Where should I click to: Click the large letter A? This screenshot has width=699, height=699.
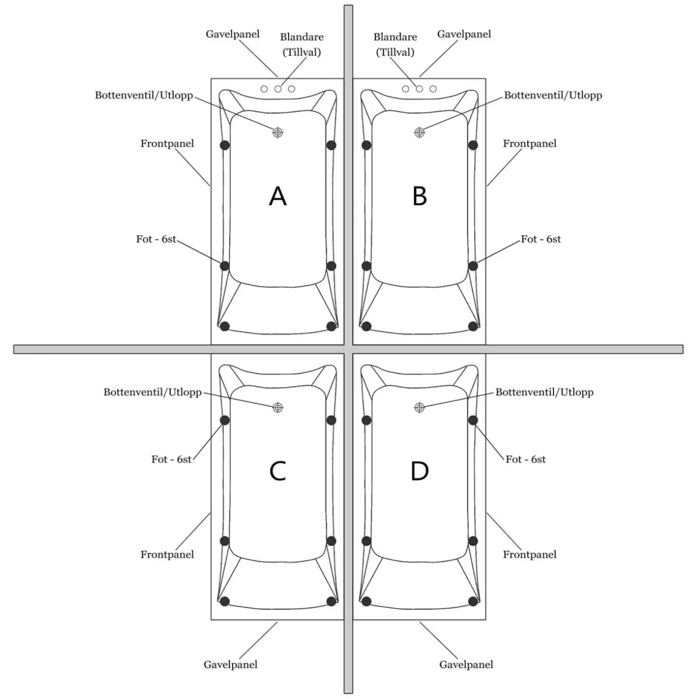(x=277, y=196)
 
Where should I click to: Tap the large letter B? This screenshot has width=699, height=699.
(x=420, y=196)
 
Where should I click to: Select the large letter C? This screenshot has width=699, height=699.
(x=277, y=471)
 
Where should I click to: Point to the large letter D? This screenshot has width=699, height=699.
(x=420, y=471)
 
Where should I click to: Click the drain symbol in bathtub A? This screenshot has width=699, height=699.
(x=277, y=132)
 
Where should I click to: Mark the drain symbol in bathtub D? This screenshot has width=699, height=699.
(x=419, y=408)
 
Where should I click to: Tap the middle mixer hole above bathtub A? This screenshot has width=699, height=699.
(x=278, y=89)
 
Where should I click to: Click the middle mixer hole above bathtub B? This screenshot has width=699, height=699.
(x=419, y=89)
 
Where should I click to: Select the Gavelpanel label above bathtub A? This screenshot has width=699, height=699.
(x=232, y=34)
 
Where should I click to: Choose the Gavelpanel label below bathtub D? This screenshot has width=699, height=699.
(x=466, y=664)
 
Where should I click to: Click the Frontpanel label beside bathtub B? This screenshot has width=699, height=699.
(x=529, y=144)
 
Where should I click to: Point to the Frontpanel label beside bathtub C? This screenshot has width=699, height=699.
(x=167, y=555)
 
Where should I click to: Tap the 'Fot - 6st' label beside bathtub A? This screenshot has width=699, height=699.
(x=156, y=239)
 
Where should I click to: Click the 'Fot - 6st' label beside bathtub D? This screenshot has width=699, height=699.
(x=525, y=459)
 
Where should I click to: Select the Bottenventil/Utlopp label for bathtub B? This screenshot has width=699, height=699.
(x=553, y=95)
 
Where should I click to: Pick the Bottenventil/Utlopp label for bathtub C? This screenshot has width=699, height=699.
(x=153, y=392)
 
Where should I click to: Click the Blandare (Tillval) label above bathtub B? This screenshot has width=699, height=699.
(x=395, y=45)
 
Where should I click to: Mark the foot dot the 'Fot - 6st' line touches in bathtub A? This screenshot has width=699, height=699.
(x=225, y=266)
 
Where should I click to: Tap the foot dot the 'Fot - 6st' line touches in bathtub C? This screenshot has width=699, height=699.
(x=225, y=420)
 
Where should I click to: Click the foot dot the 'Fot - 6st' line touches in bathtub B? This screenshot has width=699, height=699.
(x=472, y=266)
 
